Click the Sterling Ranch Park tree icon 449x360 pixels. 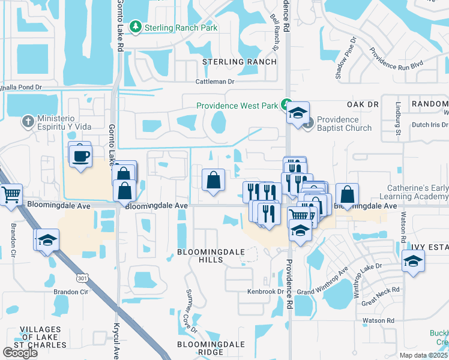[137, 27]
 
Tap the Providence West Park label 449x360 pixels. [237, 106]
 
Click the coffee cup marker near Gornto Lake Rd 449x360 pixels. [81, 157]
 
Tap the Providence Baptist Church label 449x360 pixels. [344, 124]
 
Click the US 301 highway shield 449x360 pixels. [82, 278]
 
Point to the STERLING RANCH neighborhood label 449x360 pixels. [240, 62]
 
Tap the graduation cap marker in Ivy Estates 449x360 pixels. [412, 261]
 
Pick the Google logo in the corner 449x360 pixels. [20, 353]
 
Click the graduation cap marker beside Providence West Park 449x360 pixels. [298, 113]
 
